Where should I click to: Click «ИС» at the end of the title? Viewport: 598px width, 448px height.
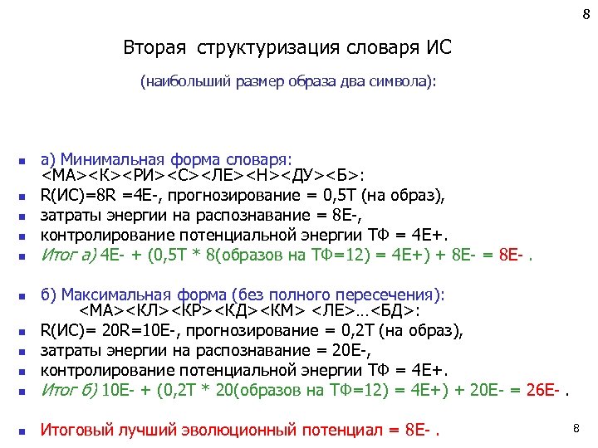[439, 47]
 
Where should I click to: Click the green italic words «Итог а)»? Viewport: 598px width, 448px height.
[69, 254]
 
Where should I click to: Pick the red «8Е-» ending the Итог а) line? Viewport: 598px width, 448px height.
[509, 254]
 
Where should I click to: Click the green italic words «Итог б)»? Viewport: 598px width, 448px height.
[69, 388]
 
